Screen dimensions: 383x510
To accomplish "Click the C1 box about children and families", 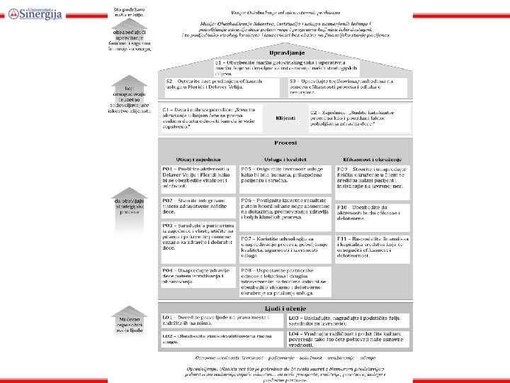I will (x=209, y=118).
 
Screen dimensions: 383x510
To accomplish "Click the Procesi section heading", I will (x=284, y=143).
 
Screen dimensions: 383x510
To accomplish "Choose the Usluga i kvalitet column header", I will (x=285, y=160).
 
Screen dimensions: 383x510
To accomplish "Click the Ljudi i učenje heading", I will (x=284, y=306).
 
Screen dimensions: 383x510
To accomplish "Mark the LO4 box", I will (x=348, y=338).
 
